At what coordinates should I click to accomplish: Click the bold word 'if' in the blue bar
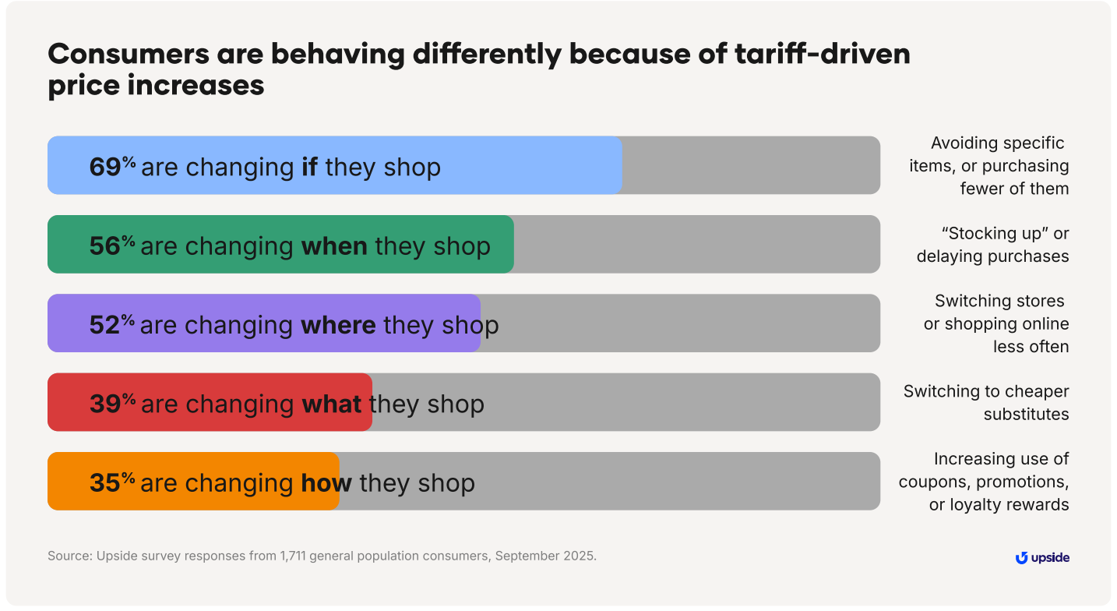(x=309, y=167)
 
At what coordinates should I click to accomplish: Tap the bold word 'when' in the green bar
(x=334, y=245)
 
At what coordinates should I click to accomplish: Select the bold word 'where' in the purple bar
(x=338, y=325)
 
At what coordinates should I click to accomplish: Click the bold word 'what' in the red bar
(x=331, y=404)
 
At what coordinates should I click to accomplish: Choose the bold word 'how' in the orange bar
(x=326, y=482)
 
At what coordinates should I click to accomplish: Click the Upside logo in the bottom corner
(x=1042, y=558)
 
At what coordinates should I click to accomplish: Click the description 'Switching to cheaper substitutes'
(x=986, y=403)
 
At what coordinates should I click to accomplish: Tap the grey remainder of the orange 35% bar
(x=608, y=481)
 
